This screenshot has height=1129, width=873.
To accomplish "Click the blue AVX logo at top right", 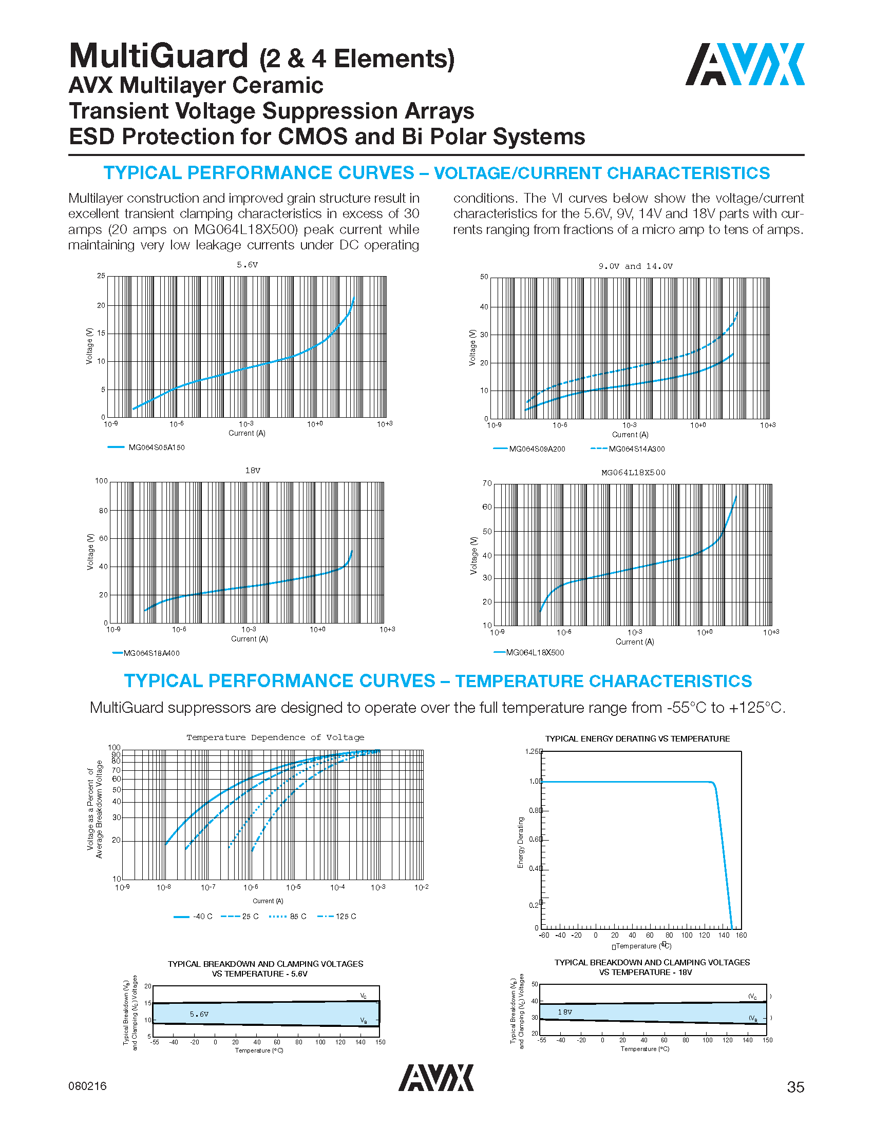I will (x=744, y=64).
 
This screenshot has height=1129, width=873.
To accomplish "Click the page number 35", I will (x=795, y=1087).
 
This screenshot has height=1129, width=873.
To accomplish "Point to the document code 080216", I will (x=87, y=1086).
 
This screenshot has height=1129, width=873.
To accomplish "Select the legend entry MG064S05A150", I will (x=156, y=447).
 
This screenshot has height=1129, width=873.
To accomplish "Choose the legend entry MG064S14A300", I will (x=636, y=449).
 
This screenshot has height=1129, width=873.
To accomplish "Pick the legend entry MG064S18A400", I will (x=151, y=653).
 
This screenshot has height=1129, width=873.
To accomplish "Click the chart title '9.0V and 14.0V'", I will (x=635, y=266).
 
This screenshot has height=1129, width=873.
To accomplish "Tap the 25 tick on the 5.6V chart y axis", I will (x=101, y=276).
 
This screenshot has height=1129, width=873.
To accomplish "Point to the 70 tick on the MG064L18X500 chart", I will (x=487, y=483).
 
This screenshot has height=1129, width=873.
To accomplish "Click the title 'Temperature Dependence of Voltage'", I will (x=275, y=737).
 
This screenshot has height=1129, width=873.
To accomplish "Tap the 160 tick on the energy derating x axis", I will (x=741, y=935).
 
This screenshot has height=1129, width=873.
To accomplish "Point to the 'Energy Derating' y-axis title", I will (x=521, y=843).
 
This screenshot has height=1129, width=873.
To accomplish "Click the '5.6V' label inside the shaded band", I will (x=199, y=1014).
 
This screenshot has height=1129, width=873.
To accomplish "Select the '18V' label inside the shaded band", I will (x=565, y=1012).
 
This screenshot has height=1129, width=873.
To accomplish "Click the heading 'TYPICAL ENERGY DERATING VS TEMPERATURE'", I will (x=637, y=738).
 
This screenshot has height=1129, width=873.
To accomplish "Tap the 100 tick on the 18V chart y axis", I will (x=101, y=481).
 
